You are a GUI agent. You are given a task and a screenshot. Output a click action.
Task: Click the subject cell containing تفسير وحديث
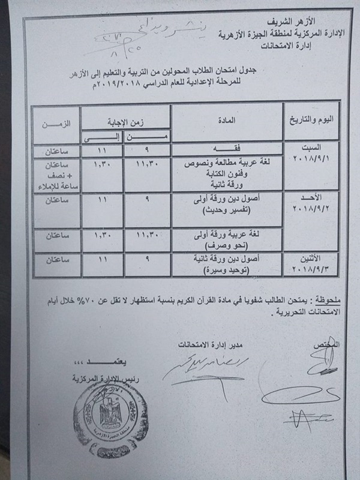point(227,208)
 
